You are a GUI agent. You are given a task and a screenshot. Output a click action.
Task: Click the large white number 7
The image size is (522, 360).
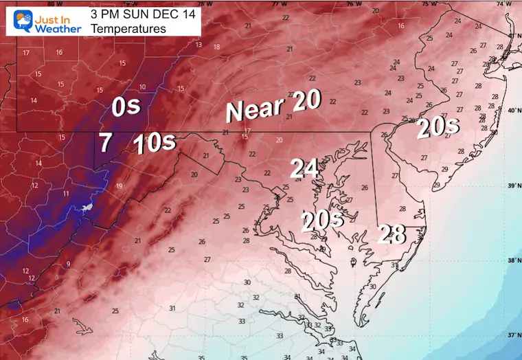coord(105,143)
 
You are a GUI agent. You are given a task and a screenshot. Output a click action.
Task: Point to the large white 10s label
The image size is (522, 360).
coord(154,144)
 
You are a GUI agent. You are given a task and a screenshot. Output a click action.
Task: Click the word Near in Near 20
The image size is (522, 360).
coord(255,110)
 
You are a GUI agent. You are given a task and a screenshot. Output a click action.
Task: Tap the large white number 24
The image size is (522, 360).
coord(304,168)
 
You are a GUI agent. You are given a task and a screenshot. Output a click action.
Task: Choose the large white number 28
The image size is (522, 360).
coord(391,234)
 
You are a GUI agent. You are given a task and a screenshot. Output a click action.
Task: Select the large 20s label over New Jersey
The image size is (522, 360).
coord(438,128)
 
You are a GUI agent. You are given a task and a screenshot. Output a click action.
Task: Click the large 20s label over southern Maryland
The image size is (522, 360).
coord(321,220)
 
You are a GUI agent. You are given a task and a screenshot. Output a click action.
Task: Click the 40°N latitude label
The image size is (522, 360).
coord(511,110)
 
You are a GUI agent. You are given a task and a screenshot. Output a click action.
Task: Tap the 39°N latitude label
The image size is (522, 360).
coord(511,185)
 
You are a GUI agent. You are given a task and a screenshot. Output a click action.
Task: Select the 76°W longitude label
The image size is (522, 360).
coord(353,3)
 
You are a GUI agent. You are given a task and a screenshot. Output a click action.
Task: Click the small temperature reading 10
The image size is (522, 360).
coord(142,87)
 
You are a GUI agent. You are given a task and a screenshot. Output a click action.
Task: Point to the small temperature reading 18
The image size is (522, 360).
coord(216,47)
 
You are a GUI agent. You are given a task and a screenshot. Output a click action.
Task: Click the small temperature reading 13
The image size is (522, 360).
coord(198,45)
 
